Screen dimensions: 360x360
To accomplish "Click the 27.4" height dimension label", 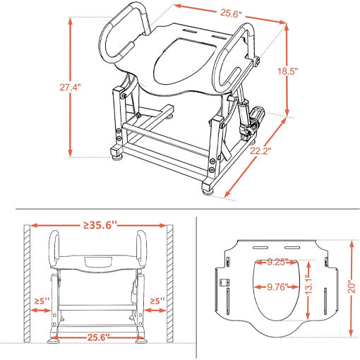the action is coord(70,88).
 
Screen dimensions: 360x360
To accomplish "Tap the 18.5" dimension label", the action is coord(287,71).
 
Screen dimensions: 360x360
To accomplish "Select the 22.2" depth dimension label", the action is coord(260,150).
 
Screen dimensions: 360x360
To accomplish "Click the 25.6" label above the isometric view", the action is coord(231,13).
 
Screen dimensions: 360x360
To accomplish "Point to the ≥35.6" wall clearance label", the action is coord(100,225).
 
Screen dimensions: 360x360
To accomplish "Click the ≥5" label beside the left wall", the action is coord(42,301).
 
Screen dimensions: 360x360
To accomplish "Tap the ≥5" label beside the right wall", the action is coord(157,301).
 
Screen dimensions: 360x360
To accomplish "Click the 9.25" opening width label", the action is coord(277,262).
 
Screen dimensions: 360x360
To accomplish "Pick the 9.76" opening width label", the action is coord(277,287).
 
